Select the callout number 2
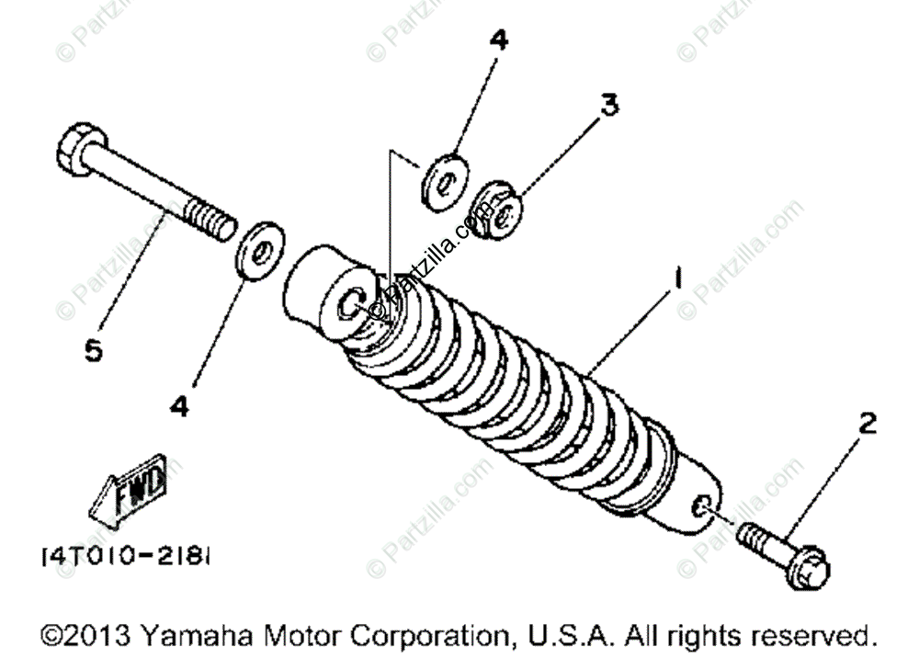click(868, 425)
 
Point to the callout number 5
click(93, 352)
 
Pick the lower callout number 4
click(180, 405)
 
